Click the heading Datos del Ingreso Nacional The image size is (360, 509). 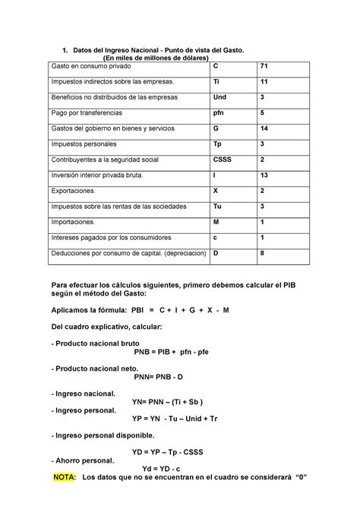(159, 49)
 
